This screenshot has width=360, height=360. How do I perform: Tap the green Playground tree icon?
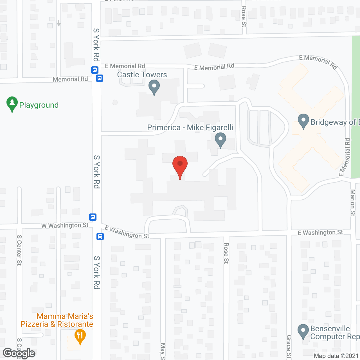coord(12,104)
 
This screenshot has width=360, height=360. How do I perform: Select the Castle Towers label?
coord(142,75)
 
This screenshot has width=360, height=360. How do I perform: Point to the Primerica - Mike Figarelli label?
coord(190,127)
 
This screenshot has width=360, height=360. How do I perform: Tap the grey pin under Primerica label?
coord(220,140)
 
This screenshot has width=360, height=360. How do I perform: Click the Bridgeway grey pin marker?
coord(303,121)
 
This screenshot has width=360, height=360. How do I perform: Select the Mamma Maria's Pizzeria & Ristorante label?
coord(57,320)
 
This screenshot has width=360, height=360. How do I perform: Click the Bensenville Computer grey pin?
coord(303,332)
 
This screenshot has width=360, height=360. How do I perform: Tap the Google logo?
coord(19,353)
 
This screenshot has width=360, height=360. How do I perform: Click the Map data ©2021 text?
coord(336,356)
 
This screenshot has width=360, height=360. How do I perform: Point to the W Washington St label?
coord(65,225)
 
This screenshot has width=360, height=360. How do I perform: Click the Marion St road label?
coord(353,202)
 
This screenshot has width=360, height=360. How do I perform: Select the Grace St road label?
coord(289,347)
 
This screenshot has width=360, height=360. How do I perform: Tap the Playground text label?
coord(39,105)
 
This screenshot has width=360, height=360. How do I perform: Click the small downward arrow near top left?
coord(58,23)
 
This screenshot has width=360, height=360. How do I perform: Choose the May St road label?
coord(163,351)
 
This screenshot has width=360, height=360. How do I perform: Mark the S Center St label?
coord(19,250)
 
